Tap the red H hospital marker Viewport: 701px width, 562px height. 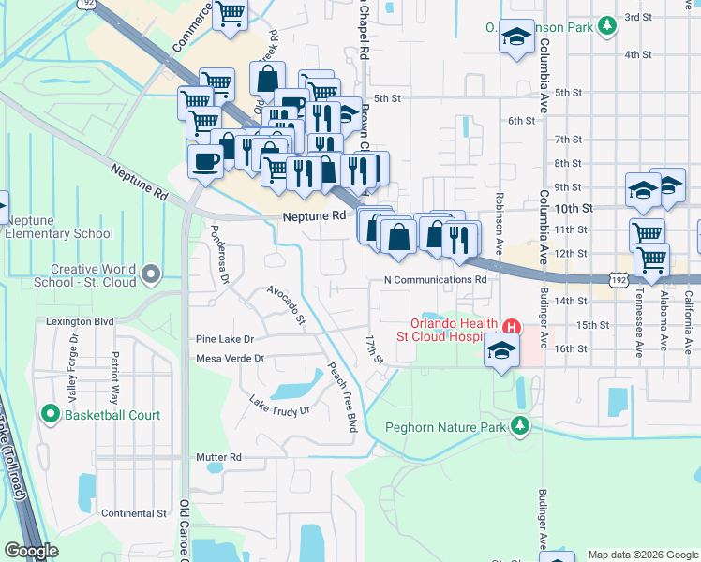click(512, 327)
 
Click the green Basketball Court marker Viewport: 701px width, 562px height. click(51, 414)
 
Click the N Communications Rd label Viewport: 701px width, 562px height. click(436, 279)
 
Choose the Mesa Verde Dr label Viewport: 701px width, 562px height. click(231, 358)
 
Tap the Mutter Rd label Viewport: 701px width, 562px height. click(218, 457)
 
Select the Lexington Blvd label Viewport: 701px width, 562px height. click(80, 321)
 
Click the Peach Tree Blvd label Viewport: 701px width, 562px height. click(342, 385)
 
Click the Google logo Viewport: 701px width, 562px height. click(31, 551)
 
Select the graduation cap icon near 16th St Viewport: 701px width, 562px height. click(501, 351)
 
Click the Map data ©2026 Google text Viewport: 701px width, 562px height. click(642, 555)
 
